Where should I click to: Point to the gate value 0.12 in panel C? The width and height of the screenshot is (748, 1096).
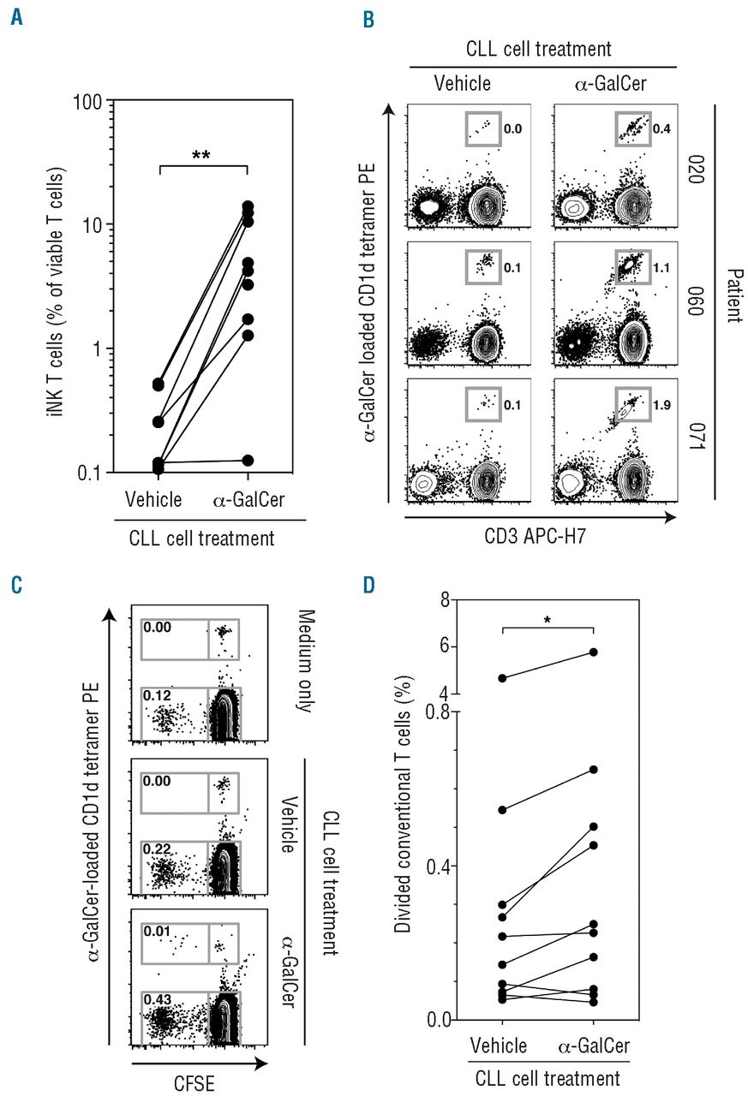click(x=156, y=695)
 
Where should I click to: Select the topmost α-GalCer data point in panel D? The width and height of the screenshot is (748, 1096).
click(x=593, y=652)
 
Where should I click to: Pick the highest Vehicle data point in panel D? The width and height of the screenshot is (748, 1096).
click(x=502, y=678)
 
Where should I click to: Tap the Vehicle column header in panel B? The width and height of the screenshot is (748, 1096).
click(x=462, y=84)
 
